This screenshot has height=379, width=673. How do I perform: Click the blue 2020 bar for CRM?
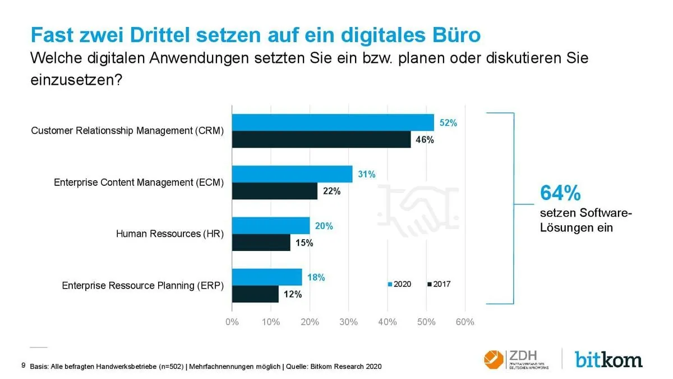tap(333, 122)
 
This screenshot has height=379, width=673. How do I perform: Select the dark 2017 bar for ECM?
tap(275, 191)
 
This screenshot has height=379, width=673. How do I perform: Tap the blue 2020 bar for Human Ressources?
tap(271, 226)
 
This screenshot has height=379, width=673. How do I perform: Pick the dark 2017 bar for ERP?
tap(255, 294)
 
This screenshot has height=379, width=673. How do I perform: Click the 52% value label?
tap(448, 123)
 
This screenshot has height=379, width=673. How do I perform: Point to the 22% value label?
tap(331, 191)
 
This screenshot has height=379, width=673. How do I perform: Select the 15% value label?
tap(304, 243)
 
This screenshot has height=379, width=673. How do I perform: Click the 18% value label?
tap(316, 277)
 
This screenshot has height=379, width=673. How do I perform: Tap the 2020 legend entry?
tap(399, 284)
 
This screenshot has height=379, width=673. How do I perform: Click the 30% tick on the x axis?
tap(349, 322)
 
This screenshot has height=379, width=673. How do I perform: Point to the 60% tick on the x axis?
tap(465, 322)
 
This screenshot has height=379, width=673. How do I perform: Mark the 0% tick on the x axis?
tap(232, 322)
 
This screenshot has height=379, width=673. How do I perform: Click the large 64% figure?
tap(560, 193)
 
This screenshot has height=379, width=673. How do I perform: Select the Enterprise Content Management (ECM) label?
tap(139, 182)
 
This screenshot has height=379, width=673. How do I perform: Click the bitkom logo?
tap(608, 358)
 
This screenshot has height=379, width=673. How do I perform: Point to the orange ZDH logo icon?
tap(494, 358)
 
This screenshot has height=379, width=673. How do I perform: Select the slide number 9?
tap(23, 366)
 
